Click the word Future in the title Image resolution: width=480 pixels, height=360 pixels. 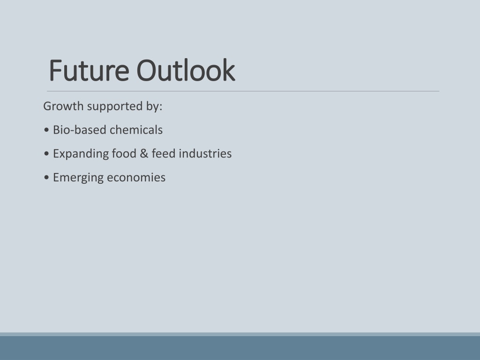tap(89, 70)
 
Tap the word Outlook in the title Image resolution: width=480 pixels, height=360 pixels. tap(186, 70)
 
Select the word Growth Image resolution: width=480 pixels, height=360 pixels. tap(63, 106)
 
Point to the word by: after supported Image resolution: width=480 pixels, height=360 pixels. tap(154, 107)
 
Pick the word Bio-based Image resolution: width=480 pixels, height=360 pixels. tap(80, 130)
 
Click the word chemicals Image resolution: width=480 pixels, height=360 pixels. tap(136, 130)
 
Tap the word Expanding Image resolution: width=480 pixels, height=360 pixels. tap(81, 154)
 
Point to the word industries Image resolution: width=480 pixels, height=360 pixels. tap(205, 153)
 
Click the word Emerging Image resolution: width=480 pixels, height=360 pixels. tap(78, 178)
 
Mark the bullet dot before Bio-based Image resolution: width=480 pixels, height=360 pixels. tap(46, 130)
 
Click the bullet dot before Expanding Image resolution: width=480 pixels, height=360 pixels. tap(46, 154)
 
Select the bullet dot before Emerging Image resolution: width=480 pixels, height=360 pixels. tap(46, 178)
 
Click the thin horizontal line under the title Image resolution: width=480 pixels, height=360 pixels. tap(243, 91)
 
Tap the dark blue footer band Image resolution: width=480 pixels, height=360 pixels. tap(240, 348)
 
